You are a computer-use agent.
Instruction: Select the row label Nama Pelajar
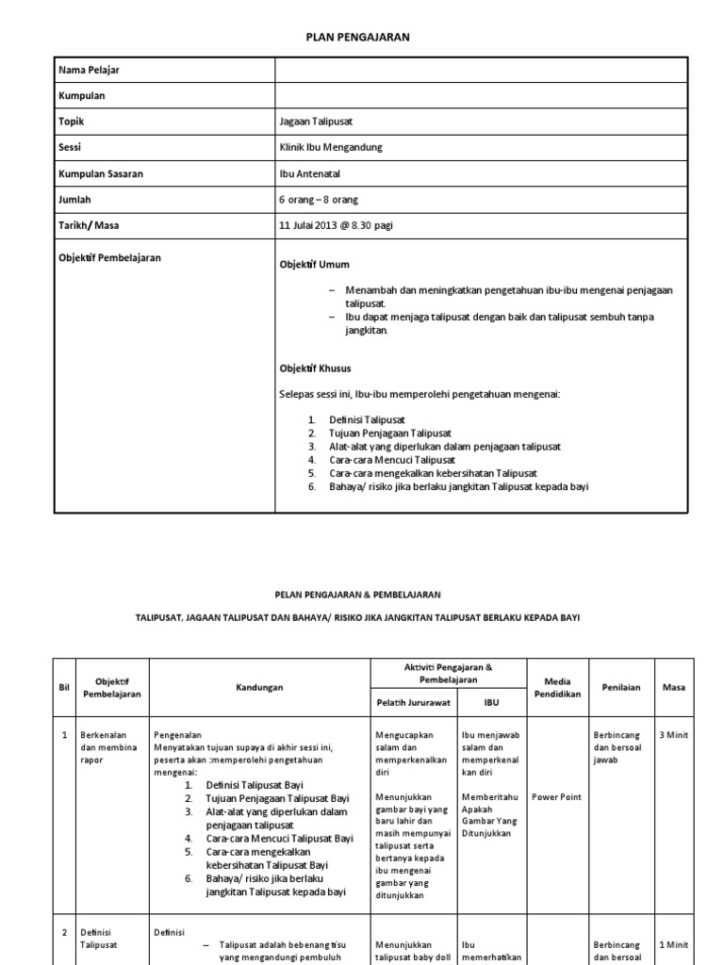90,71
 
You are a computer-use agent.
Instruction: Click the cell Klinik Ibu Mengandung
331,148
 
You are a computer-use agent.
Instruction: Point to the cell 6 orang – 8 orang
319,200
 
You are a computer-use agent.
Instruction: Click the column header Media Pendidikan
557,687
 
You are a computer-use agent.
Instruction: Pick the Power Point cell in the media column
557,796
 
